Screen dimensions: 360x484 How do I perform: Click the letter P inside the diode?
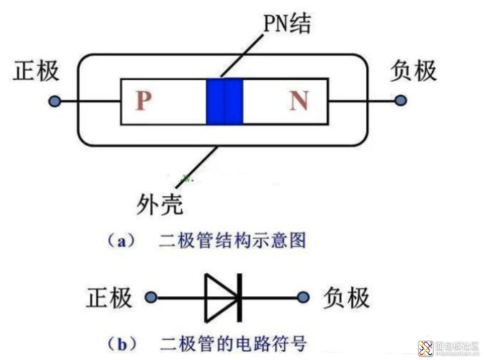point(143,101)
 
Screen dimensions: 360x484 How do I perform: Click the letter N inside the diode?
point(298,101)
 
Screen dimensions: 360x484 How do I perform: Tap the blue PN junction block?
point(225,101)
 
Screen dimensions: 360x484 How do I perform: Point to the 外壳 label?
point(158,205)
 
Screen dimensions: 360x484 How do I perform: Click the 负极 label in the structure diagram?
point(413,71)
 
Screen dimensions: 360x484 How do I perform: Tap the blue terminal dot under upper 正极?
point(54,102)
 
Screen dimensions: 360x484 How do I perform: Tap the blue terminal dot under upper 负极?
point(400,101)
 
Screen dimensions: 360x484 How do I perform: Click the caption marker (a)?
point(119,241)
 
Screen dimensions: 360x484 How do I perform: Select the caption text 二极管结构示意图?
point(233,241)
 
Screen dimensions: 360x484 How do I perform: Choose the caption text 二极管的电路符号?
point(233,339)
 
